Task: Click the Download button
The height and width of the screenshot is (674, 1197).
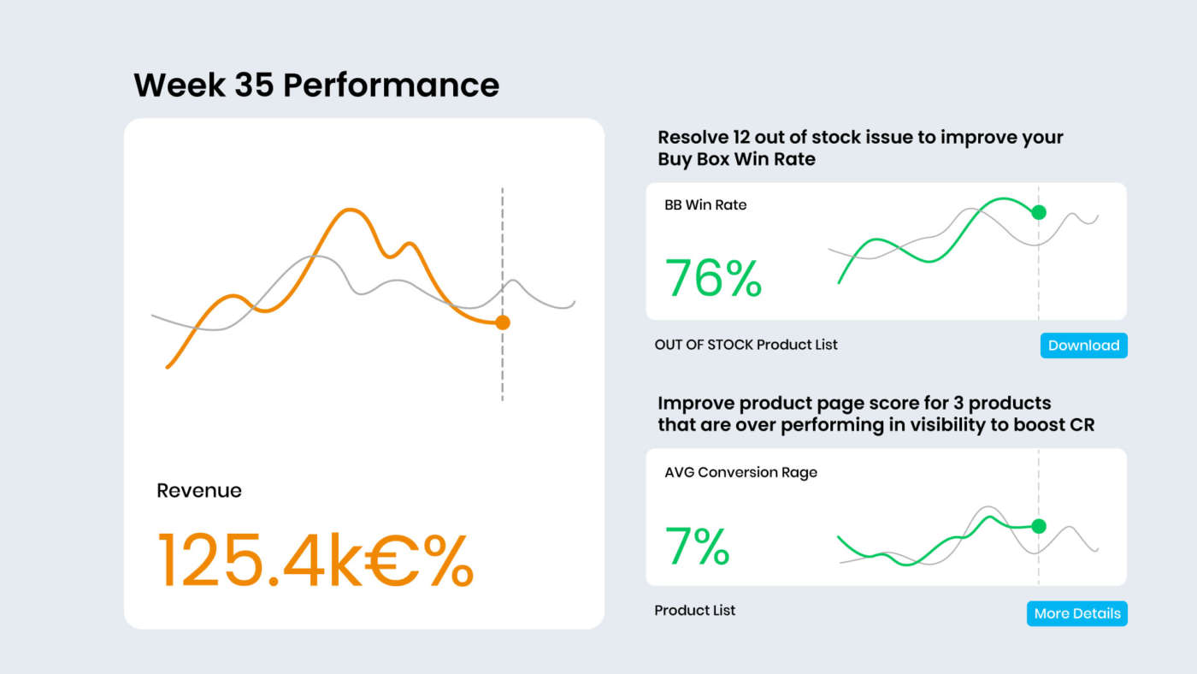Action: click(x=1083, y=346)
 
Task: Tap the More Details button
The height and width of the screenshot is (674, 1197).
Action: click(x=1076, y=613)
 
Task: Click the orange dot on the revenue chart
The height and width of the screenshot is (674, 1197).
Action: click(x=503, y=322)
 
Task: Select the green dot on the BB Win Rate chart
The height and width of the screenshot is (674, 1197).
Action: click(x=1039, y=212)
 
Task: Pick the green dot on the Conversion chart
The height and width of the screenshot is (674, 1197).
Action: click(x=1039, y=526)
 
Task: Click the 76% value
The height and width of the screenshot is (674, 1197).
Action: click(x=713, y=278)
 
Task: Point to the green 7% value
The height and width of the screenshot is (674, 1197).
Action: click(x=697, y=547)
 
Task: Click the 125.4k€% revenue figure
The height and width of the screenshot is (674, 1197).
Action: click(x=315, y=560)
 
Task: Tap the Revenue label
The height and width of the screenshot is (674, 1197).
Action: click(x=199, y=491)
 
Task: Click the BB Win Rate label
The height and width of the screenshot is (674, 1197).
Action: click(x=705, y=205)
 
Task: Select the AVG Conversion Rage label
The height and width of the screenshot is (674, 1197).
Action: click(x=740, y=472)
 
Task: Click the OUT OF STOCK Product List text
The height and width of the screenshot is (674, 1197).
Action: click(x=746, y=345)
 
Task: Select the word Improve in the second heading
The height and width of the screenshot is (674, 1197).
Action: click(x=693, y=403)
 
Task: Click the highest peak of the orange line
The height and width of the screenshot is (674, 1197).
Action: click(x=347, y=210)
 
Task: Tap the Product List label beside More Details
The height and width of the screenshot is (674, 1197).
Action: click(x=694, y=611)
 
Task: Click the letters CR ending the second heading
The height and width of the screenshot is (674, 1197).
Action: click(x=1082, y=424)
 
